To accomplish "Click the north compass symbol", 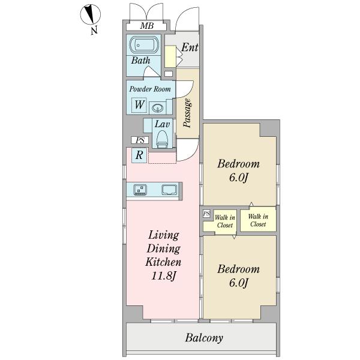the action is pyautogui.click(x=90, y=14).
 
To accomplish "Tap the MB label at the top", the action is pyautogui.click(x=147, y=26).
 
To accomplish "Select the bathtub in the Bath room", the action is pyautogui.click(x=143, y=45).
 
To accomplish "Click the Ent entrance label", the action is pyautogui.click(x=190, y=47).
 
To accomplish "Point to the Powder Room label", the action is pyautogui.click(x=150, y=89).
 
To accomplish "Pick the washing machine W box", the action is pyautogui.click(x=139, y=105).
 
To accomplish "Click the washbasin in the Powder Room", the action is pyautogui.click(x=158, y=107).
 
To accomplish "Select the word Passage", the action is pyautogui.click(x=187, y=113).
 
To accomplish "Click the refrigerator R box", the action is pyautogui.click(x=139, y=155).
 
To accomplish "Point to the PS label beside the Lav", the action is pyautogui.click(x=140, y=140).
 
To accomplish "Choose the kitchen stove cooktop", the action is pyautogui.click(x=140, y=190).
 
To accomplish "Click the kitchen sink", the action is pyautogui.click(x=169, y=190).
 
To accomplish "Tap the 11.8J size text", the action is pyautogui.click(x=163, y=276).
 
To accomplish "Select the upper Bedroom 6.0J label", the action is pyautogui.click(x=239, y=170).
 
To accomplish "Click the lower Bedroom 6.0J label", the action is pyautogui.click(x=239, y=276).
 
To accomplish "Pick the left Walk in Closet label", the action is pyautogui.click(x=225, y=221).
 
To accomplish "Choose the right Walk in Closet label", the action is pyautogui.click(x=258, y=220).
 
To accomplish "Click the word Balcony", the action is pyautogui.click(x=204, y=338).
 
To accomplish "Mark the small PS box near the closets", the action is pyautogui.click(x=206, y=214).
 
